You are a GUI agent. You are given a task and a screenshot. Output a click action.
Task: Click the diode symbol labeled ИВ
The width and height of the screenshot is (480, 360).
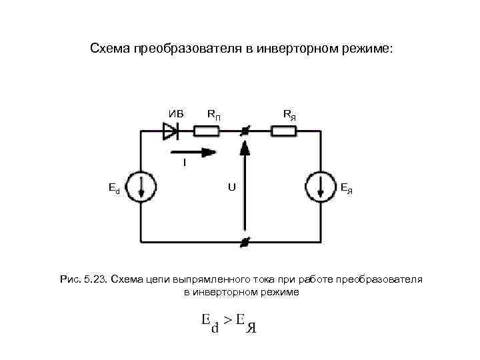tap(171, 132)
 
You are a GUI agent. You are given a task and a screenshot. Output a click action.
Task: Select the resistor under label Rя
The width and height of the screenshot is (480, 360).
tap(285, 132)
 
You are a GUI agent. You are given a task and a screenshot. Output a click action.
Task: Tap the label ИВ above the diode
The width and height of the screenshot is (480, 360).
tap(176, 113)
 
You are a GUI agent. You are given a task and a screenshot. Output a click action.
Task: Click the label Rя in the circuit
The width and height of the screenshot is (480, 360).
tap(289, 114)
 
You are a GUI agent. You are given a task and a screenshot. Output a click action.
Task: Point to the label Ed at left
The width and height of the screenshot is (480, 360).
tap(114, 188)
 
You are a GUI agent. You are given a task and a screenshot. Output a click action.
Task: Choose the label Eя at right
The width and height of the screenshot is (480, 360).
tap(347, 188)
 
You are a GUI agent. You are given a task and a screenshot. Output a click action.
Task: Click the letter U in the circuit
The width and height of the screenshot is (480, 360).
tap(231, 187)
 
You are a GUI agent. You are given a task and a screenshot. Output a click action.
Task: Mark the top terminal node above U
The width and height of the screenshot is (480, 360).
tap(245, 132)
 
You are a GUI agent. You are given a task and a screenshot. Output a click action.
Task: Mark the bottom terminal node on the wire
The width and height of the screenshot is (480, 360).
tap(245, 241)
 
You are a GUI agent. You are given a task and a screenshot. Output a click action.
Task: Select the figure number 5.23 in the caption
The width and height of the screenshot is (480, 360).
tap(95, 278)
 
